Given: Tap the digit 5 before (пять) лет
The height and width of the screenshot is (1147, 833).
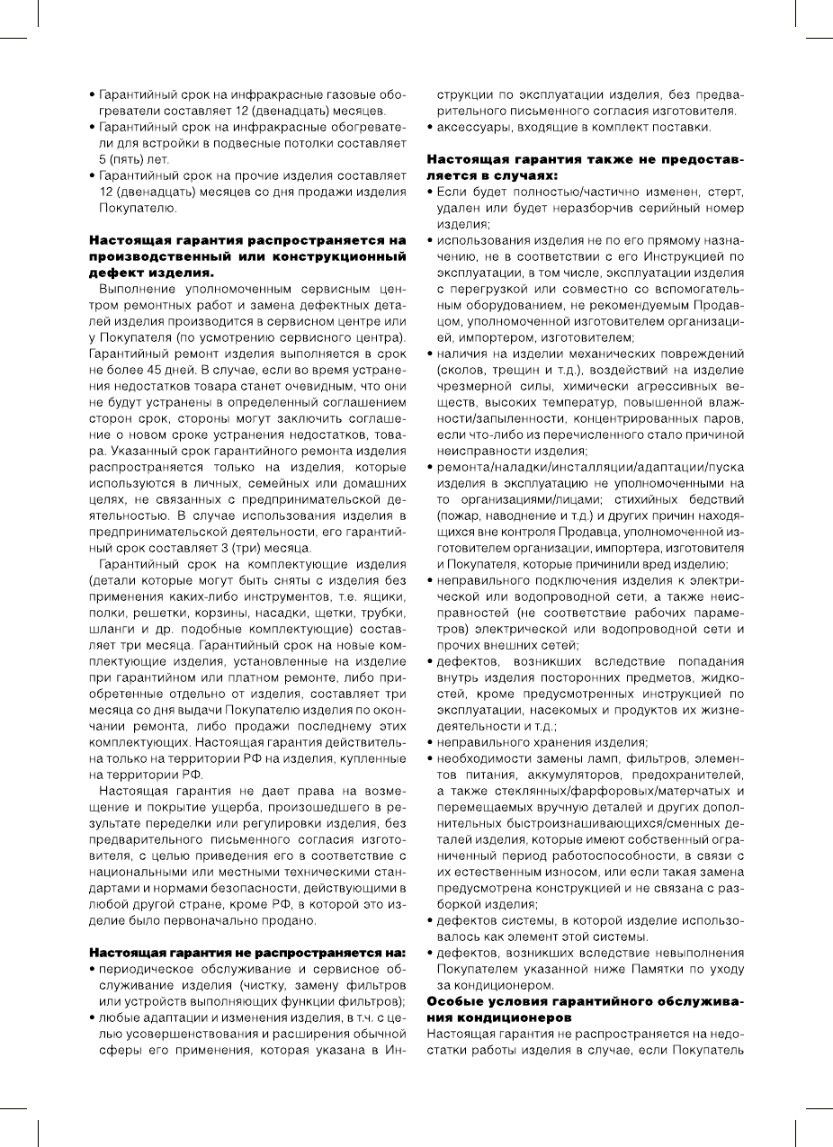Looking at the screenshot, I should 103,158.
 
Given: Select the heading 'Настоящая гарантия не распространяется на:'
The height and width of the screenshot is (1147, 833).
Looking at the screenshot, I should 248,952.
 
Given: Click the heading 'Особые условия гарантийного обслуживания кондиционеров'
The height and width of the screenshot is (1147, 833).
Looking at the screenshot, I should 585,1008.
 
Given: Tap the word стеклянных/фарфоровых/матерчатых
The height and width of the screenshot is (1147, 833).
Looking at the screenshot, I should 585,791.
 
